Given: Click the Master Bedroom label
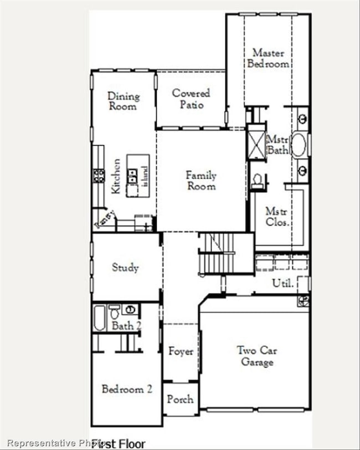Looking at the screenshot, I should [268, 58].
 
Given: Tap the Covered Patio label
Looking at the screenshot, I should [191, 99].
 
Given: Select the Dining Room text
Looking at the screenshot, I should [123, 101].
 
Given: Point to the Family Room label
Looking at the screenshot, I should [200, 181].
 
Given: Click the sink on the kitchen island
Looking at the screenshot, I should [133, 176].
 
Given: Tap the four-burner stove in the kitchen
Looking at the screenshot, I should [99, 176].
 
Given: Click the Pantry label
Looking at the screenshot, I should [105, 219].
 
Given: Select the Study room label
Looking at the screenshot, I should [125, 267].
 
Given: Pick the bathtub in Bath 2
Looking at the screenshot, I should [100, 318].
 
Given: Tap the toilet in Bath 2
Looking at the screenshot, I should [114, 312].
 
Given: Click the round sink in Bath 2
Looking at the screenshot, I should [130, 309].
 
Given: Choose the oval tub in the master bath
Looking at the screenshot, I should [299, 144].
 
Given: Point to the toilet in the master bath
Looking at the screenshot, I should [258, 180].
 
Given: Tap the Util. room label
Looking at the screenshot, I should [281, 283].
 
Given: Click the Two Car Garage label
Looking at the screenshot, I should [256, 356].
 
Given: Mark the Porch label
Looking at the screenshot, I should [181, 398].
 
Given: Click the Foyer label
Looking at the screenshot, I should [181, 351].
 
